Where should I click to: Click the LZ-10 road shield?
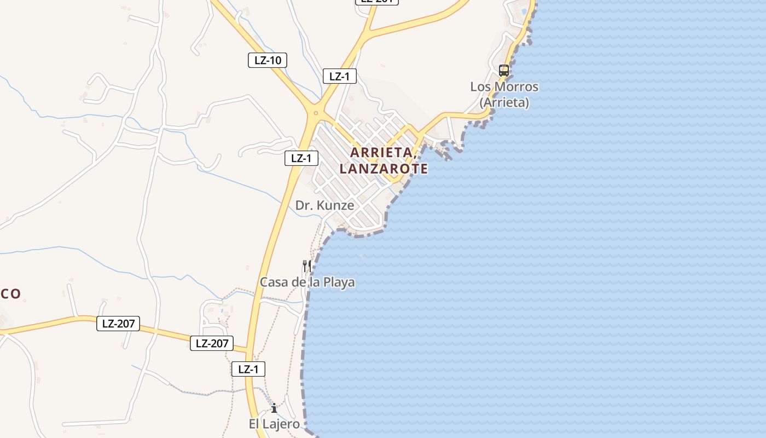pyautogui.click(x=268, y=60)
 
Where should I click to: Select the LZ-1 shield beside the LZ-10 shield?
pyautogui.click(x=339, y=76)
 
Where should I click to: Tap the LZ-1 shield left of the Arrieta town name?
pyautogui.click(x=301, y=158)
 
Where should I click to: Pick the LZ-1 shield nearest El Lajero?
pyautogui.click(x=248, y=369)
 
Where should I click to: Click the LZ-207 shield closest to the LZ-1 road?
pyautogui.click(x=212, y=343)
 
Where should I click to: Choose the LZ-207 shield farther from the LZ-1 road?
pyautogui.click(x=118, y=324)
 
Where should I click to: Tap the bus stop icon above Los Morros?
pyautogui.click(x=504, y=71)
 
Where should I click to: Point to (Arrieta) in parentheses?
pyautogui.click(x=504, y=102)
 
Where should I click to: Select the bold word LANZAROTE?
pyautogui.click(x=384, y=169)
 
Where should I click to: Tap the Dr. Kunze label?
pyautogui.click(x=324, y=205)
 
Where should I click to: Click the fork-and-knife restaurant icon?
pyautogui.click(x=307, y=266)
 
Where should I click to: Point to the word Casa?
pyautogui.click(x=274, y=283)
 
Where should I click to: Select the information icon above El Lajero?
pyautogui.click(x=274, y=408)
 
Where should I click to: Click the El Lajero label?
pyautogui.click(x=274, y=424)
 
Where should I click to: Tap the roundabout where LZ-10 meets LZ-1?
pyautogui.click(x=315, y=113)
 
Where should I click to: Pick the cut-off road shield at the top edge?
pyautogui.click(x=377, y=2)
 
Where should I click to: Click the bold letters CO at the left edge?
pyautogui.click(x=10, y=294)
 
